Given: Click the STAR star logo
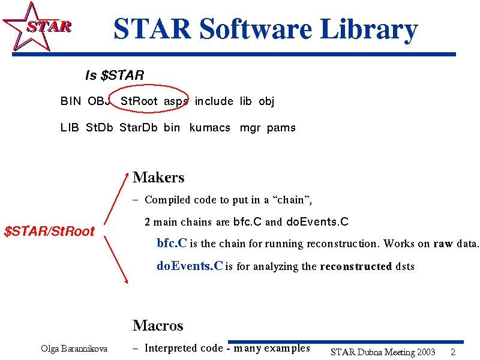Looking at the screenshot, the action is coord(36,27).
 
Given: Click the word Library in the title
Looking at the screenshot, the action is coord(369,29).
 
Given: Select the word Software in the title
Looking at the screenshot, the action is coord(256,28).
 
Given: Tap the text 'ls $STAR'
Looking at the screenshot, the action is coord(115,76).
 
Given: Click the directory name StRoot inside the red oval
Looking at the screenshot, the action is coord(139,101).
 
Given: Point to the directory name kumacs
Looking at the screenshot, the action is coord(209,127).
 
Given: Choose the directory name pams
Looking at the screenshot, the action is coord(281,128).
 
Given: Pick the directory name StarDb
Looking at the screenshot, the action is coord(138,127).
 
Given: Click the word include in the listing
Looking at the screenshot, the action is coord(214,101).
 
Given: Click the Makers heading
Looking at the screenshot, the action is coord(158,177).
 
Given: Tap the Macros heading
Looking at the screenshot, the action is coord(158,325).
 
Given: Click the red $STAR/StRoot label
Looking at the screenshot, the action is coord(49,231).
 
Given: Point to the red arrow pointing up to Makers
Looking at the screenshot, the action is coord(116,199).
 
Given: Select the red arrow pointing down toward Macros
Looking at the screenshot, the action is coord(116,260).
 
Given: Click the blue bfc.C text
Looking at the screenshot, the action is coord(172,243).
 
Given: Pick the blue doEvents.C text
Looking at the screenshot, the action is coord(190,266).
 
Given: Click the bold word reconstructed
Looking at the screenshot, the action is coord(356,266).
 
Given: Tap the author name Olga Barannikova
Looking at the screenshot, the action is coord(74,349).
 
